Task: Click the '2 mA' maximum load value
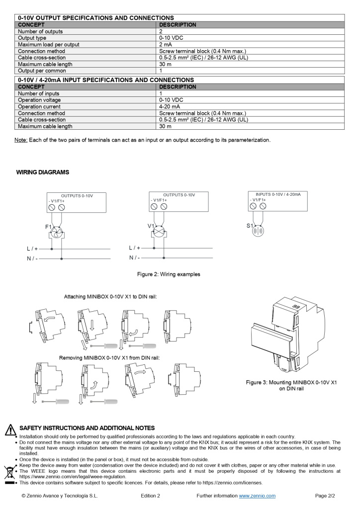(x=166, y=45)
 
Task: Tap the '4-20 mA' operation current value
(x=170, y=106)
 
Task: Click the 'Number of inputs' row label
(x=39, y=93)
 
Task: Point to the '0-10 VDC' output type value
(x=171, y=38)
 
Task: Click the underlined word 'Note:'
(x=21, y=140)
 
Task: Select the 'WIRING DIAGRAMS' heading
(x=43, y=172)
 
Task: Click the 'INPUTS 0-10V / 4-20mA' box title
(x=278, y=194)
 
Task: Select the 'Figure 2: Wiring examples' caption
(x=169, y=274)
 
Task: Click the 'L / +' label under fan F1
(x=32, y=248)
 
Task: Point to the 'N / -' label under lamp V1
(x=134, y=257)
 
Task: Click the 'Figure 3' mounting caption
(x=291, y=385)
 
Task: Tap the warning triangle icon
(x=10, y=429)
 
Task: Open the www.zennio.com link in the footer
(x=257, y=496)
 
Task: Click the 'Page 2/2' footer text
(x=326, y=496)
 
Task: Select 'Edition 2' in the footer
(x=150, y=496)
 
